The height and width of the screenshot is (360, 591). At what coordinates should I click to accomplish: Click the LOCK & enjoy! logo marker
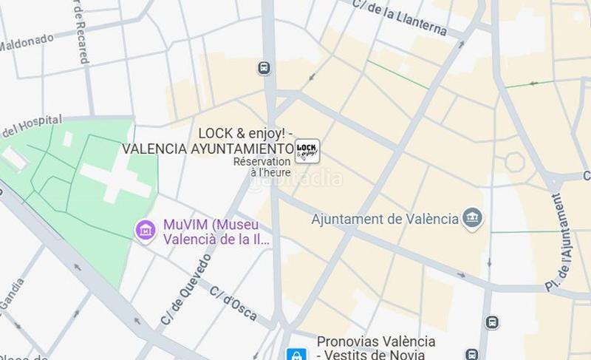[307, 150]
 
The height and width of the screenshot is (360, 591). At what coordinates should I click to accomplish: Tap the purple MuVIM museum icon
[146, 230]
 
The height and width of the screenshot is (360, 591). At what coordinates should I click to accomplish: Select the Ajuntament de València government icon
[471, 218]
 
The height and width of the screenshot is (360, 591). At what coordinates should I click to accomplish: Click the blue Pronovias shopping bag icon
[296, 355]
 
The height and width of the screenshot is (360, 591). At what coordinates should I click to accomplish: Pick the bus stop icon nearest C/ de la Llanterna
[264, 68]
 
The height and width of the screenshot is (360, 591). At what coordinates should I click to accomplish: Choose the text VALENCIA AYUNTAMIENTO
[208, 149]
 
